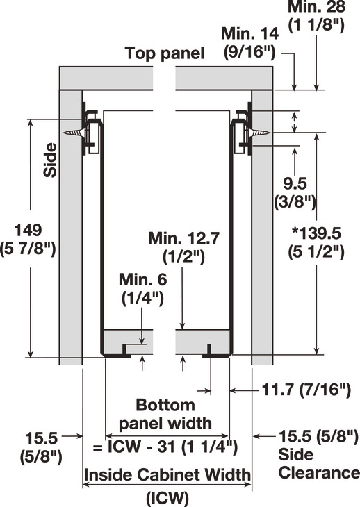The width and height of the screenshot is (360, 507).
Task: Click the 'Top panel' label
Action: click(165, 53)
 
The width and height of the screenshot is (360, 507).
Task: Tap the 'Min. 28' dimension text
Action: click(316, 6)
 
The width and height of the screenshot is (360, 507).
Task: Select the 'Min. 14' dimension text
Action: click(249, 33)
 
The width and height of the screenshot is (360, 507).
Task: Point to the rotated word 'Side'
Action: click(50, 160)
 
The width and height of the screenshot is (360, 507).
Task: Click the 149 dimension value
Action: click(28, 230)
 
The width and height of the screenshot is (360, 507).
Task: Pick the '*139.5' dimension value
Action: click(316, 233)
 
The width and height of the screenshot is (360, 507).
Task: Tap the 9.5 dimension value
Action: click(295, 184)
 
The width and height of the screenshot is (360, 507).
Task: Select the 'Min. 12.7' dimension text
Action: click(183, 238)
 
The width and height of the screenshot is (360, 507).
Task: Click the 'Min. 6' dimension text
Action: click(142, 280)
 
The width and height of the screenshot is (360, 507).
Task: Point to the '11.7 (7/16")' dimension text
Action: click(306, 390)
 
